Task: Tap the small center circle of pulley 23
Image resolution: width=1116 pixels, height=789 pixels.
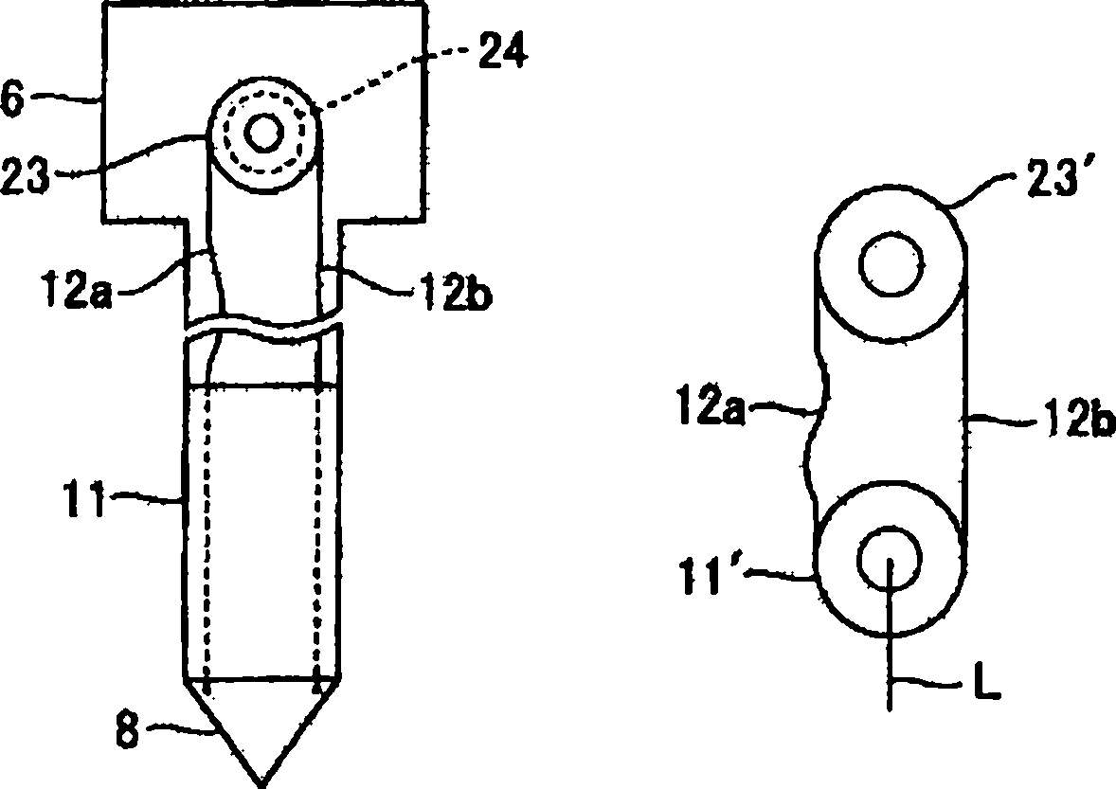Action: pyautogui.click(x=263, y=134)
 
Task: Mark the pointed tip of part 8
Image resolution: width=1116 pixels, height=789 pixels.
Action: pyautogui.click(x=261, y=781)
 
